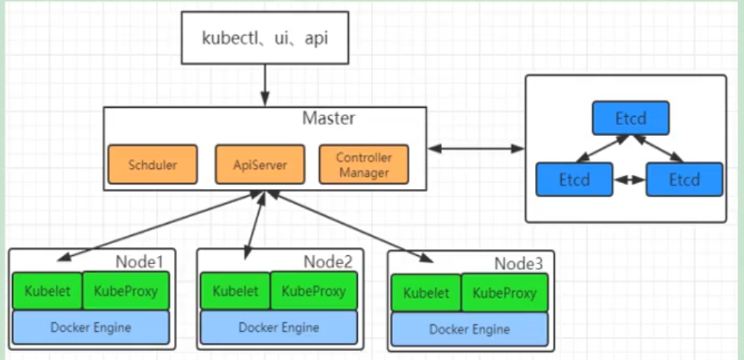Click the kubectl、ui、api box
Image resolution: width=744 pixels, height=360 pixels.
[x=264, y=37]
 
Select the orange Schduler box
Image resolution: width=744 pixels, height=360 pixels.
[x=153, y=164]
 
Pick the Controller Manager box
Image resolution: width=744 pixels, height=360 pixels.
[x=363, y=164]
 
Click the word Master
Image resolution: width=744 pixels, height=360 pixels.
[x=328, y=118]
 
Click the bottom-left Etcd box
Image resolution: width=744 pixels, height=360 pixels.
[x=574, y=179]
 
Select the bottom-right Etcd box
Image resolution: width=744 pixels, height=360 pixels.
[x=684, y=179]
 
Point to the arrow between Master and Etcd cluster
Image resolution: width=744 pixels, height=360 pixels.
[x=476, y=149]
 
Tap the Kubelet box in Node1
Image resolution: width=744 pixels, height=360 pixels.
[x=47, y=291]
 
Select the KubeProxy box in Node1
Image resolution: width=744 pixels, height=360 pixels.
[x=125, y=291]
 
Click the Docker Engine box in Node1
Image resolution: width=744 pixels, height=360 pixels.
[x=91, y=327]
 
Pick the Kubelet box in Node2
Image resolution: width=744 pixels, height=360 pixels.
[x=235, y=291]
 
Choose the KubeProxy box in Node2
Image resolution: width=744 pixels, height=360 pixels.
[x=313, y=291]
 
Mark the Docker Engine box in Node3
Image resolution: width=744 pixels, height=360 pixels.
[x=469, y=330]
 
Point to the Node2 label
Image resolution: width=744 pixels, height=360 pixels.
[x=327, y=261]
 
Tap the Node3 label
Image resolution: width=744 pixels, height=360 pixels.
[x=519, y=263]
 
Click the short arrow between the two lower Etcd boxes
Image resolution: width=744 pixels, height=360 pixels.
[x=629, y=180]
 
